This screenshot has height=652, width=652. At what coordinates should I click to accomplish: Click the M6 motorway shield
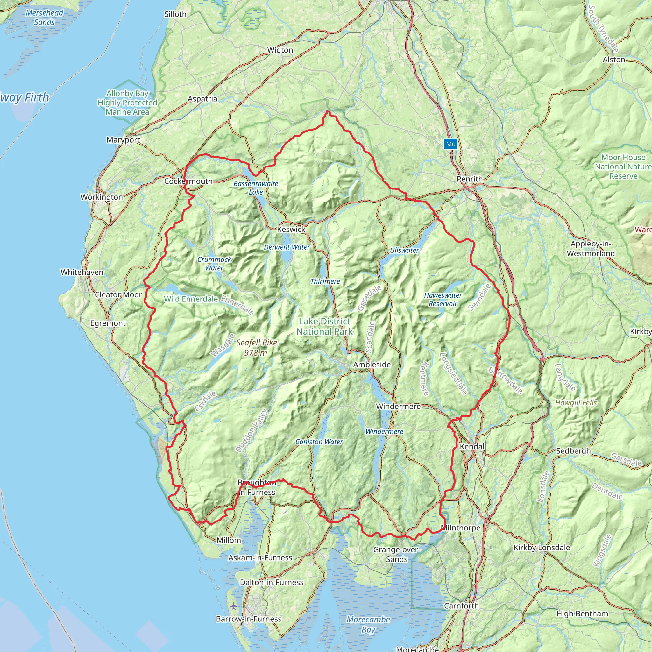[x=450, y=144]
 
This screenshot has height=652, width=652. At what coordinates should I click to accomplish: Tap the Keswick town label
[x=291, y=230]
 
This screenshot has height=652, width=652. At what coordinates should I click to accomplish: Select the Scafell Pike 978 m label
[x=257, y=347]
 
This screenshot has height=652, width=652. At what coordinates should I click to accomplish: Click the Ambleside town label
[x=372, y=365]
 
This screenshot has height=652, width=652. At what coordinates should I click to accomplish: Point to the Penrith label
[x=470, y=179]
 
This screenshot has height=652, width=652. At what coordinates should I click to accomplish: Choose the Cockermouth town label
[x=188, y=181]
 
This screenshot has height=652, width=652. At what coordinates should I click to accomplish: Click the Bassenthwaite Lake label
[x=256, y=188]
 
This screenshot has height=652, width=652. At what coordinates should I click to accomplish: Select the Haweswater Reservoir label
[x=443, y=299]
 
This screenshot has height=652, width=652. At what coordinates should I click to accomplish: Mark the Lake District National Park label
[x=324, y=326]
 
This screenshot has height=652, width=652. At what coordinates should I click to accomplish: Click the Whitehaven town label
[x=82, y=272]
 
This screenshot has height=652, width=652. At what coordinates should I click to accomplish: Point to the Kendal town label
[x=472, y=446]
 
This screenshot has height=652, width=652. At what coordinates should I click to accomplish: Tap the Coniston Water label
[x=319, y=442]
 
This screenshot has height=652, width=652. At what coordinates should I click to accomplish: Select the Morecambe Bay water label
[x=368, y=624]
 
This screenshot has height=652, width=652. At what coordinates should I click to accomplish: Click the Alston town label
[x=614, y=60]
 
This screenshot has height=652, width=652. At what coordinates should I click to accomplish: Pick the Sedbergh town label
[x=573, y=451]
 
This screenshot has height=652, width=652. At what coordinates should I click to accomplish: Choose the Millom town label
[x=229, y=540]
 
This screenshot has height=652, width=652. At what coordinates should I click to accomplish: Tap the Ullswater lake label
[x=404, y=251]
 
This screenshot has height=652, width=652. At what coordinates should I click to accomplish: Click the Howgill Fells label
[x=576, y=403]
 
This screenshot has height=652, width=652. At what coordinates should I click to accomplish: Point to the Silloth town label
[x=175, y=14]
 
